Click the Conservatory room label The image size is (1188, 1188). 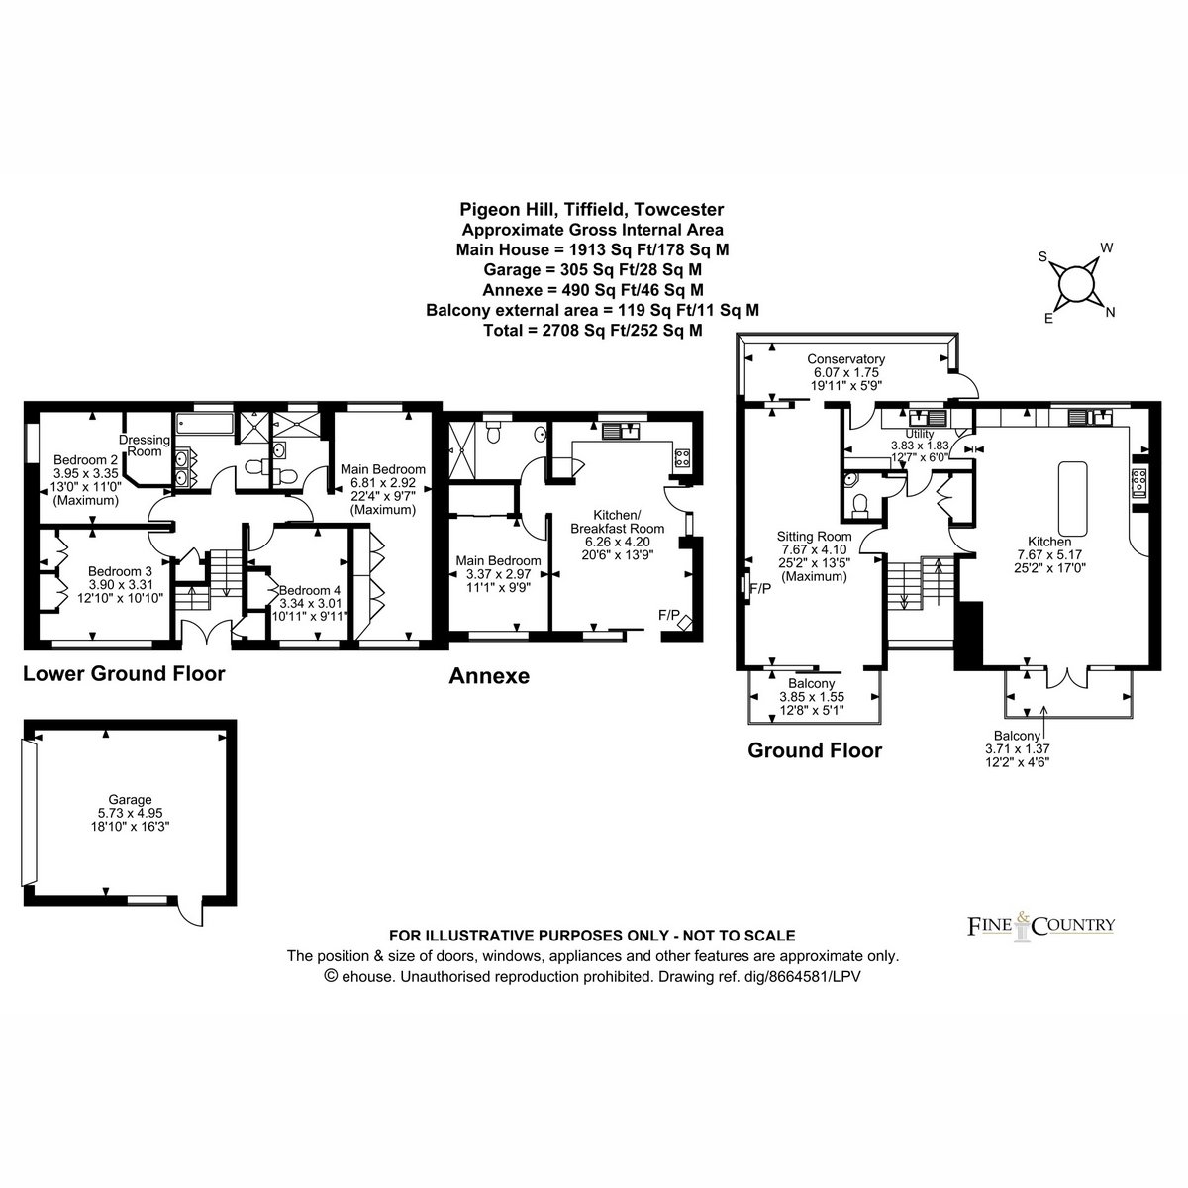[x=845, y=358]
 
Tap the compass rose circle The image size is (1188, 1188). [x=1076, y=284]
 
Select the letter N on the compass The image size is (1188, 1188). [x=1111, y=313]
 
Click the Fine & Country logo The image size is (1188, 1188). [x=1040, y=925]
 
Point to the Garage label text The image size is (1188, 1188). [x=130, y=800]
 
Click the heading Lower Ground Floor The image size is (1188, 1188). [x=124, y=674]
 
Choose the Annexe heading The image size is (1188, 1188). [x=489, y=676]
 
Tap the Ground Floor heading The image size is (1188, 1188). [x=815, y=750]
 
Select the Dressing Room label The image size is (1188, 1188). [x=145, y=445]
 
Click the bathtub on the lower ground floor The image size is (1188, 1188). [x=205, y=424]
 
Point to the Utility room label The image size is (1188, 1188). [x=919, y=434]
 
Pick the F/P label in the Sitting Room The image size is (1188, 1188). [x=760, y=589]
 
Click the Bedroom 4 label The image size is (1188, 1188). [x=310, y=590]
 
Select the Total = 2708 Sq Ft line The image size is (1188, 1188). [x=592, y=330]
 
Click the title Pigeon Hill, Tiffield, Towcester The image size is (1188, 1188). [x=592, y=209]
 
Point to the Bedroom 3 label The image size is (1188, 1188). [x=120, y=571]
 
